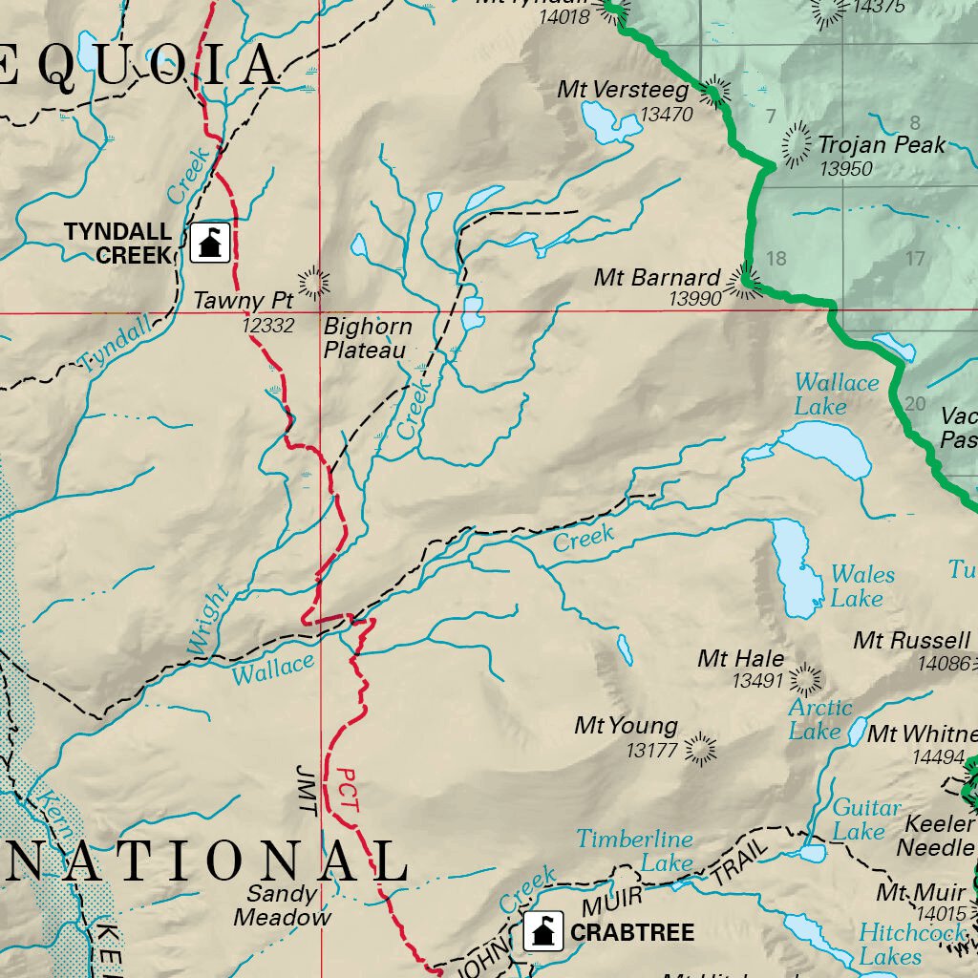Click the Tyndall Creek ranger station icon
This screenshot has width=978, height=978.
point(210,243)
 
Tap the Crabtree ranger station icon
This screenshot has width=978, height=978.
point(542,931)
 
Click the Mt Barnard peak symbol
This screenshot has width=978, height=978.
point(744,281)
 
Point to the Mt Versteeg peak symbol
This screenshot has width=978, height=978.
point(712,93)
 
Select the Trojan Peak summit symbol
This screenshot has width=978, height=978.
point(796,145)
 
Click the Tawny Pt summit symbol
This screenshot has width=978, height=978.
point(312,283)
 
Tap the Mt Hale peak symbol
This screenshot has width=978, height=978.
point(805,680)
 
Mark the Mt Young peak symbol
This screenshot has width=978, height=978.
point(700,750)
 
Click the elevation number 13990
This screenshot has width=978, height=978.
point(694,299)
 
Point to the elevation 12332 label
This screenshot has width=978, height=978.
point(267,326)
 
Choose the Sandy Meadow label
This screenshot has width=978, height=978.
point(282,905)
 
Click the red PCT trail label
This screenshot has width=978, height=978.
point(348,791)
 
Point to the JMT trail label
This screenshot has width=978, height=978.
point(306,788)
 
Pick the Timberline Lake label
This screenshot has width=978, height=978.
point(634,850)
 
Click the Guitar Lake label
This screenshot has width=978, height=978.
point(865,819)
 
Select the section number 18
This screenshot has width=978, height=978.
point(776,258)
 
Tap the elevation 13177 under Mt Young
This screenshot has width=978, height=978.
point(651,751)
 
